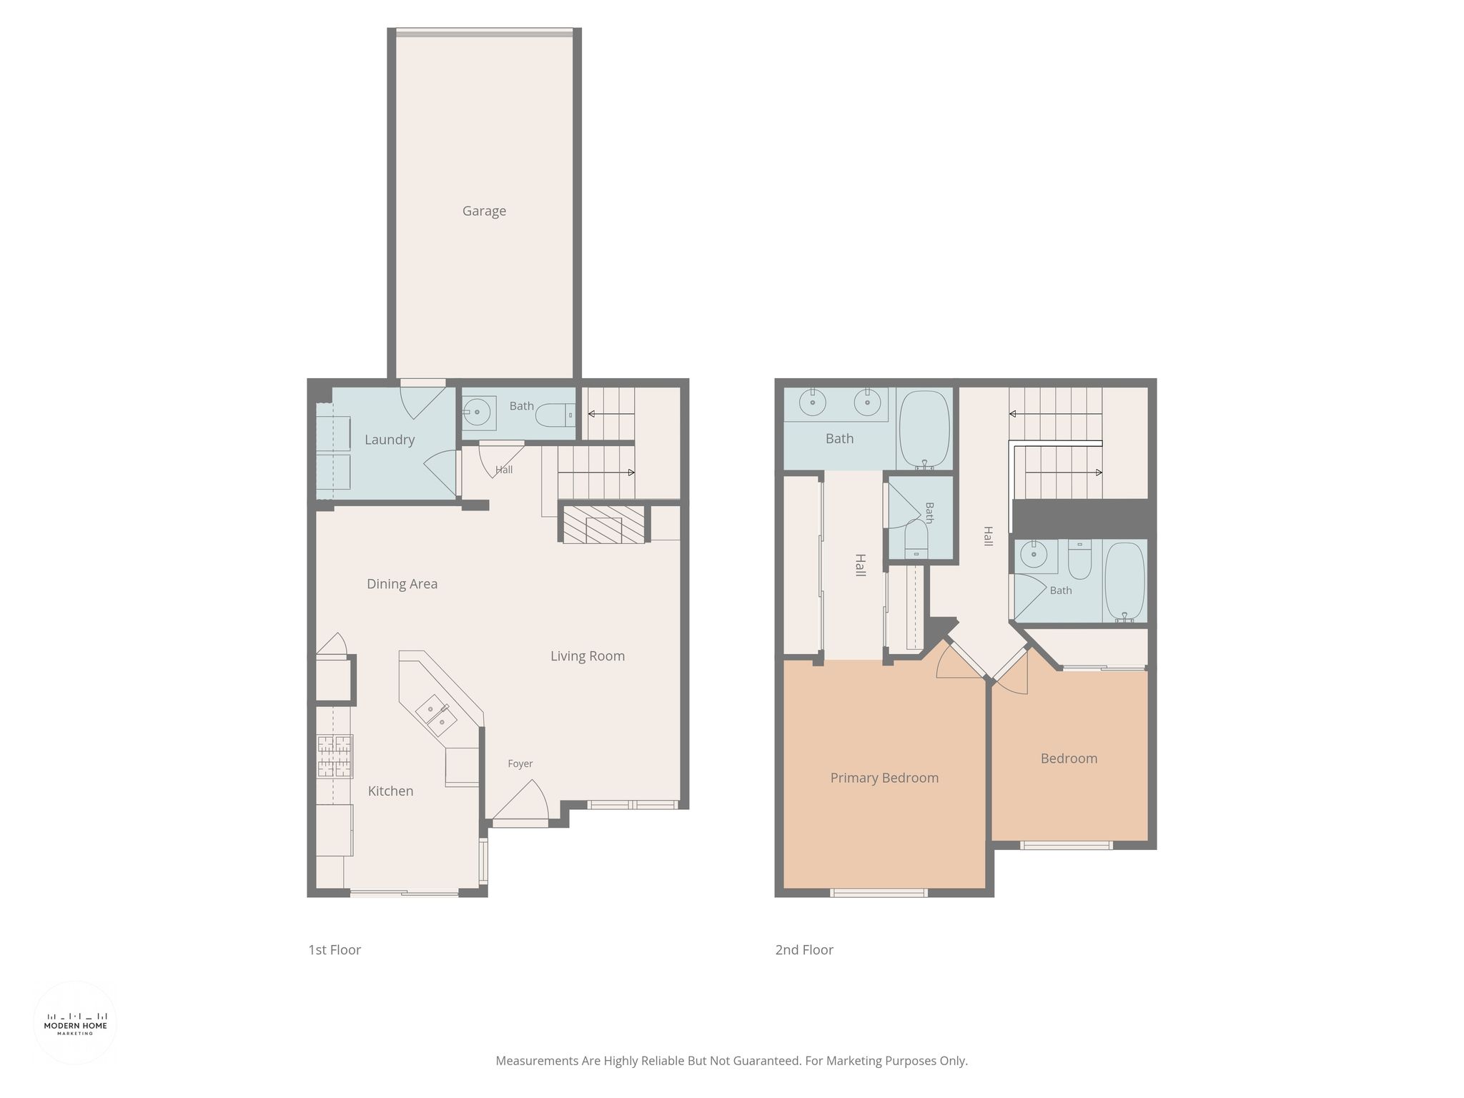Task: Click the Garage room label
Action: coord(484,211)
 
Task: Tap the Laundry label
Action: coord(390,440)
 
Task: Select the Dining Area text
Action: coord(402,584)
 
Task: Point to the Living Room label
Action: coord(588,656)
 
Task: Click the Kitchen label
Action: coord(390,791)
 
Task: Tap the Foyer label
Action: coord(520,763)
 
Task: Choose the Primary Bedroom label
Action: coord(884,778)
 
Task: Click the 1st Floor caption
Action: coord(335,950)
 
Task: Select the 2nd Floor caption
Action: coord(804,950)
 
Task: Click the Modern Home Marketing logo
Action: coord(75,1023)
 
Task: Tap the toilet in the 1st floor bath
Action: coord(555,415)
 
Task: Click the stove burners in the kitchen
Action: coord(335,756)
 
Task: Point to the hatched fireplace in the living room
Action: coord(603,524)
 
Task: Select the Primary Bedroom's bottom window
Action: coord(879,892)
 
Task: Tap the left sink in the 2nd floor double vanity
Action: coord(813,402)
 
